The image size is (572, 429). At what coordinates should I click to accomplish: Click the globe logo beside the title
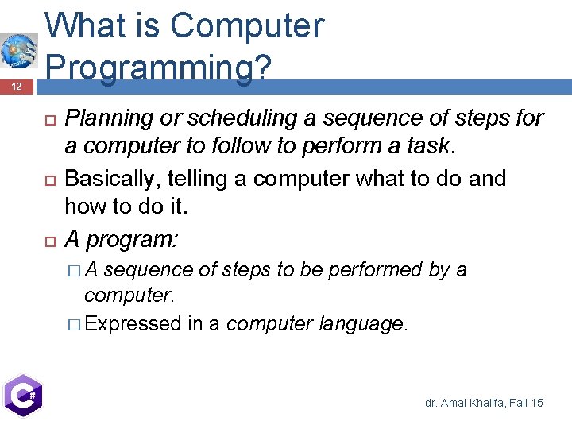(x=18, y=52)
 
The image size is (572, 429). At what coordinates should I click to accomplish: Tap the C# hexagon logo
(x=22, y=395)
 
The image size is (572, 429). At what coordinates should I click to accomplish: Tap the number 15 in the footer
(x=536, y=404)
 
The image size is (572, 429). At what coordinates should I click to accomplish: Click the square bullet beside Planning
(x=48, y=119)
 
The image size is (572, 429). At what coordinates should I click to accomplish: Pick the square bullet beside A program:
(x=48, y=239)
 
